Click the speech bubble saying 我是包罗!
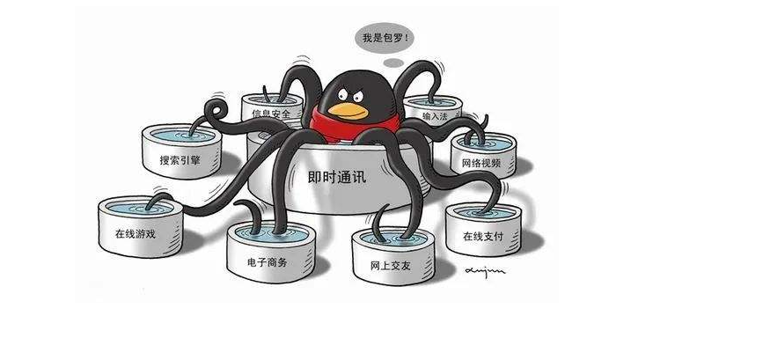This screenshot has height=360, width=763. click(385, 38)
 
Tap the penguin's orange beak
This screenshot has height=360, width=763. click(348, 112)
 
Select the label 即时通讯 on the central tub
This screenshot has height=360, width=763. click(337, 177)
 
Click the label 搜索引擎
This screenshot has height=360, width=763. click(180, 159)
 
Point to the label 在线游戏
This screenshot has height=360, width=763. click(136, 233)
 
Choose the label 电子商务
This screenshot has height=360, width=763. click(268, 262)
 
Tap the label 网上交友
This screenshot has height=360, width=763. click(390, 266)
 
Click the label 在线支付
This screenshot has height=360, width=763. click(483, 237)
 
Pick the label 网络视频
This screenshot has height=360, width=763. click(481, 163)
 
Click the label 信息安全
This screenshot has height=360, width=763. click(271, 114)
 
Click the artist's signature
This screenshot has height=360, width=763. click(485, 270)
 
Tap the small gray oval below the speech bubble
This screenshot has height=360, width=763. click(393, 62)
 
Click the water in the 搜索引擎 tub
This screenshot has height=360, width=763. click(182, 135)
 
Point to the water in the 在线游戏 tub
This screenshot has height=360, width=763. click(140, 208)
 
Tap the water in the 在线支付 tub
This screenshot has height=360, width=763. click(484, 212)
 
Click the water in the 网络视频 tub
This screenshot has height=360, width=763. click(483, 143)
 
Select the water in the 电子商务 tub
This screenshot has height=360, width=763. click(271, 234)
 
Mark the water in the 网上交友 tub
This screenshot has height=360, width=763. click(393, 239)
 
